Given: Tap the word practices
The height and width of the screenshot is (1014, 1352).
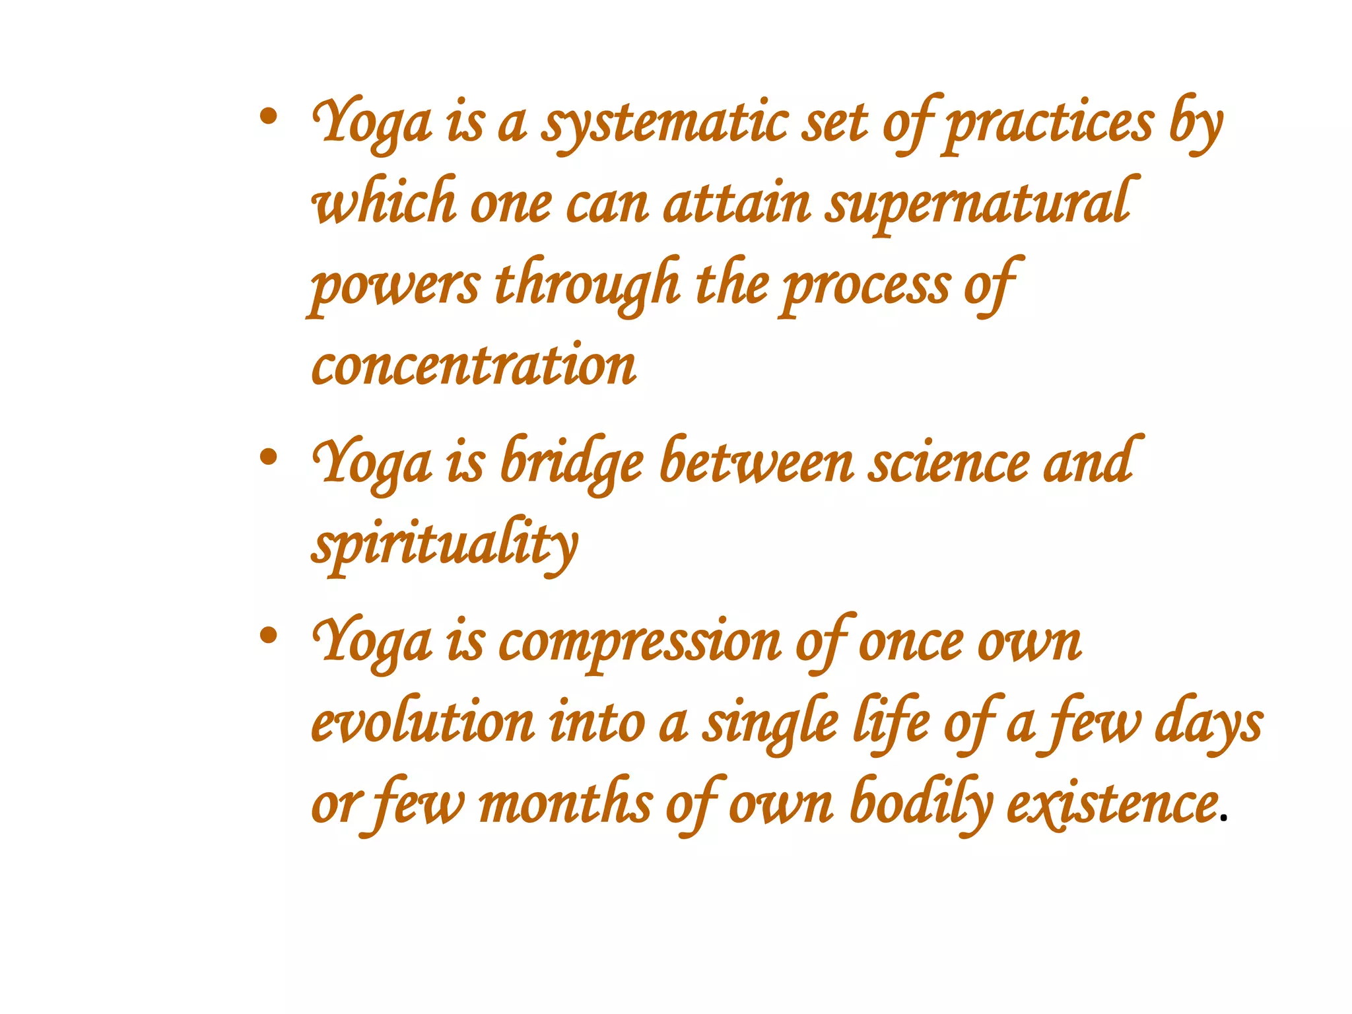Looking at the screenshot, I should [x=1050, y=125].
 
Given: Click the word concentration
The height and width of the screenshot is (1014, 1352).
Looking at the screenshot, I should [x=473, y=366].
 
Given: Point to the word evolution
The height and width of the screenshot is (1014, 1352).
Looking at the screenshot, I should [x=423, y=724].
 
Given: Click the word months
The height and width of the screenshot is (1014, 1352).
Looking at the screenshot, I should [x=566, y=805].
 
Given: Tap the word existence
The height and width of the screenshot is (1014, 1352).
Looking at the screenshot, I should [x=1112, y=805].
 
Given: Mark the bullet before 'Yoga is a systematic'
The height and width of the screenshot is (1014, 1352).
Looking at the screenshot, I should [x=268, y=118].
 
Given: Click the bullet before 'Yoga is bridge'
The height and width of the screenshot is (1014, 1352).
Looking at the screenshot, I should [x=268, y=456].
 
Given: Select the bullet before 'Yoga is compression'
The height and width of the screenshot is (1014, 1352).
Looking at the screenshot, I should [x=268, y=635].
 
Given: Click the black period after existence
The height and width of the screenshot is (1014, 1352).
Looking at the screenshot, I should [x=1225, y=819].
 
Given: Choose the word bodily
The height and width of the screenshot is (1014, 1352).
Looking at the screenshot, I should [x=921, y=805].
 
